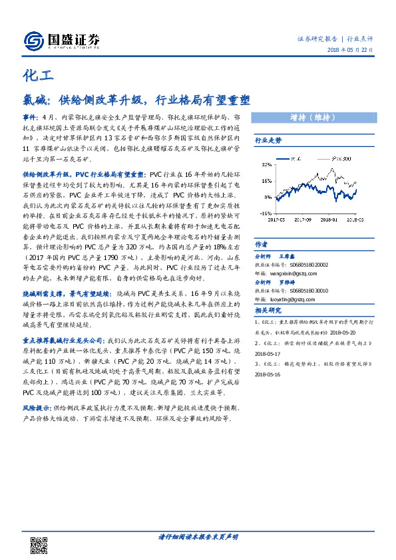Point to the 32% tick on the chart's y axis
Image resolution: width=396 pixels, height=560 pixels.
point(266,163)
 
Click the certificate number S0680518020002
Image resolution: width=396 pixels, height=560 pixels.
point(310,263)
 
